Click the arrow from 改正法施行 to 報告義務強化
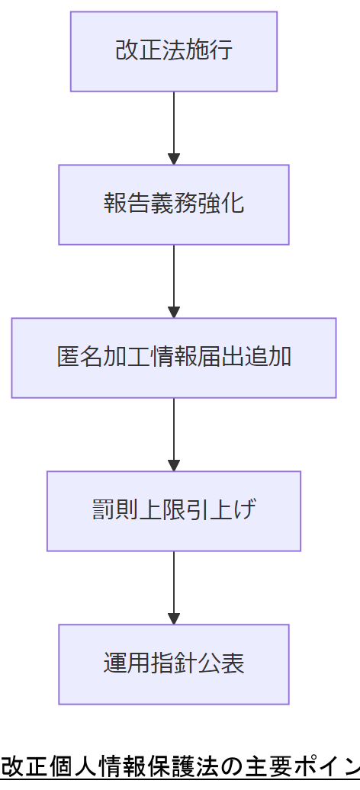coord(174,126)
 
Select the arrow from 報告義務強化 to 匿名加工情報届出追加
coord(174,279)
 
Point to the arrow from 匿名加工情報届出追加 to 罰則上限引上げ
coord(174,432)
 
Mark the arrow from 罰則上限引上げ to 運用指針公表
coord(174,586)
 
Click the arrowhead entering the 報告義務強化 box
coord(174,159)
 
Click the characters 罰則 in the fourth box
coord(115,511)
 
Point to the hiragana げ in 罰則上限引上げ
coord(245,511)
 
